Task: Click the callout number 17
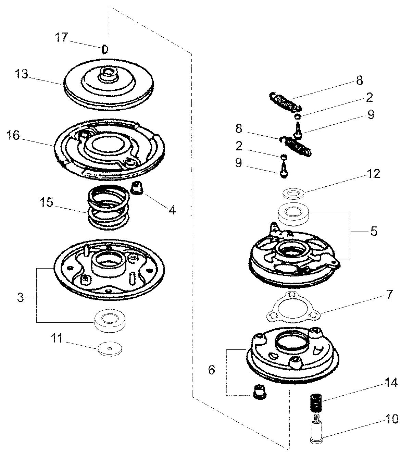[62, 37]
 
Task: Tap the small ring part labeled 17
[105, 50]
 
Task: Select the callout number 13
[22, 74]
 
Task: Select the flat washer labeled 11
[110, 348]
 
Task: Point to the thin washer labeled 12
[294, 194]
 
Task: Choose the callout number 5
[374, 231]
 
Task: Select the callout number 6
[212, 370]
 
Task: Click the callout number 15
[46, 202]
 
